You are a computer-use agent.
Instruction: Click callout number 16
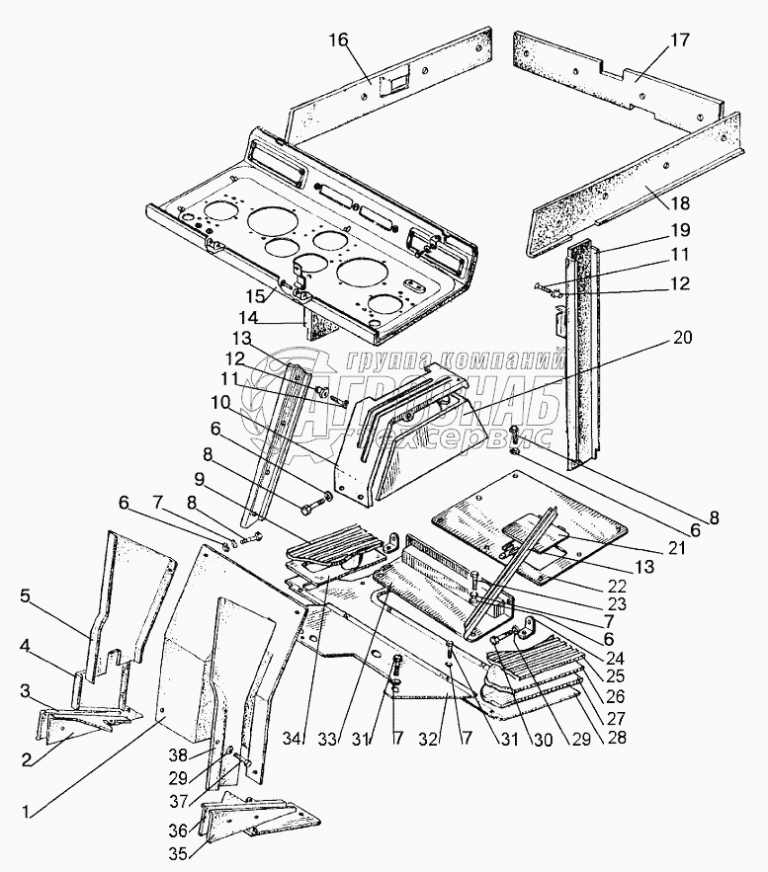339,40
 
